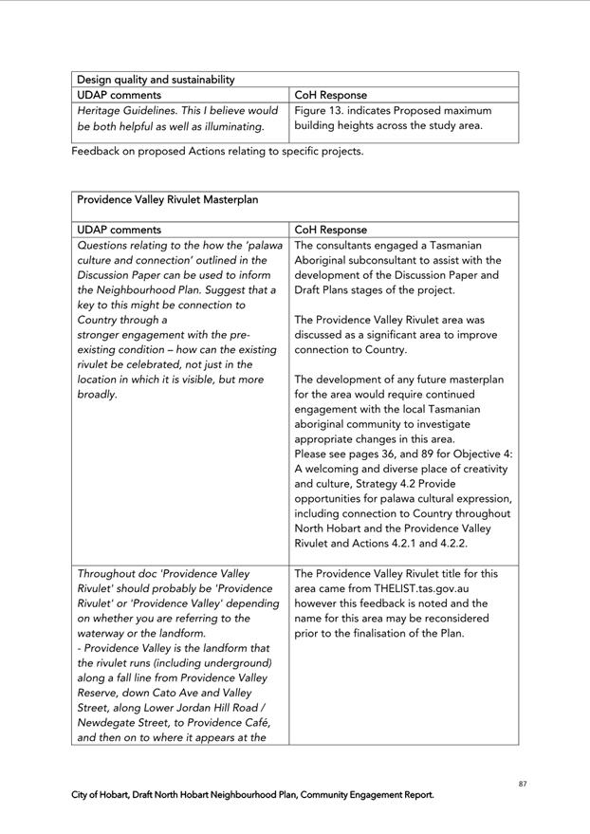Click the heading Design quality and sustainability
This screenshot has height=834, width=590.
156,80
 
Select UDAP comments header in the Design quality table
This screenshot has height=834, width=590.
119,95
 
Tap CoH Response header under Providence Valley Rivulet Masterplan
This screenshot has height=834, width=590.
330,230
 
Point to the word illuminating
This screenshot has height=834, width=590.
229,126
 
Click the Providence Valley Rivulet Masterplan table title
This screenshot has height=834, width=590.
167,200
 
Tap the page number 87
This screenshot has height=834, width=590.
523,784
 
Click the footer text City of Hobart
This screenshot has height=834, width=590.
103,795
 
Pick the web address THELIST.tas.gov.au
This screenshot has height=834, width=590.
415,588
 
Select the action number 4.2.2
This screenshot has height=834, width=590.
451,544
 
